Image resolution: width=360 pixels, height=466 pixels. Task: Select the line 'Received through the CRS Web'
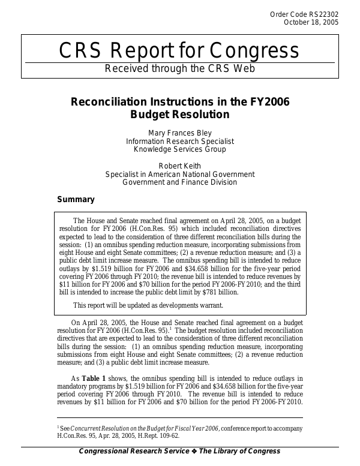pos(180,68)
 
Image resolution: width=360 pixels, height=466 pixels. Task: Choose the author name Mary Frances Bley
pos(180,133)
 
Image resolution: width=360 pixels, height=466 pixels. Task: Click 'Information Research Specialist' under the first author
pos(180,141)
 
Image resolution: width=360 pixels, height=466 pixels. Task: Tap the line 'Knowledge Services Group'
pos(180,149)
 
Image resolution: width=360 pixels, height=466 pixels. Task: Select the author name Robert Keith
pos(180,166)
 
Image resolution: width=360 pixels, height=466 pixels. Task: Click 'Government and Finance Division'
pos(180,183)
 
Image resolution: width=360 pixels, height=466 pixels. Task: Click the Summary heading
pos(76,200)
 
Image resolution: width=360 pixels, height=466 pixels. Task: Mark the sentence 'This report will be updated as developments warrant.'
pos(148,305)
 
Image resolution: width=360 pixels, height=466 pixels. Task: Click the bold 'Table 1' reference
pos(95,378)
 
